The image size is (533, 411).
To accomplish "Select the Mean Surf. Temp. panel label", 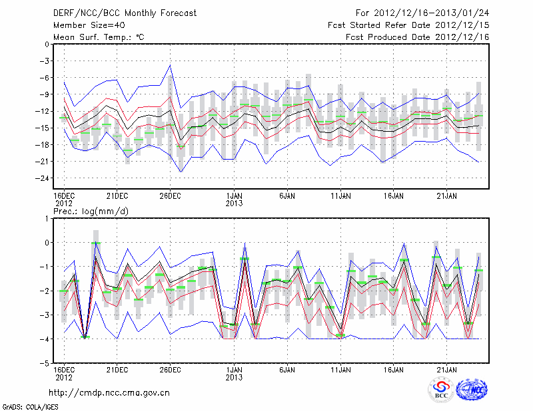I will (x=99, y=37).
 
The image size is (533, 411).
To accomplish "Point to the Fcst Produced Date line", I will (x=418, y=37).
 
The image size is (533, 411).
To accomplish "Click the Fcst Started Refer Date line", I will (x=408, y=25).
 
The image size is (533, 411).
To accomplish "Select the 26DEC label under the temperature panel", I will (x=170, y=196).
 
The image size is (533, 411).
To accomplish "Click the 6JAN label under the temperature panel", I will (x=287, y=196).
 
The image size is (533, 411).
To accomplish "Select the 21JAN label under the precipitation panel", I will (x=447, y=369).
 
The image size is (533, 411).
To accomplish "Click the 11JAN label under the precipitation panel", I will (x=340, y=369).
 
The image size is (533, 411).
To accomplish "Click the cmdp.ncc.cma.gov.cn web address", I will (x=109, y=393).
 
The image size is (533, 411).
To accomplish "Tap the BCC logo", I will (x=441, y=390).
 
